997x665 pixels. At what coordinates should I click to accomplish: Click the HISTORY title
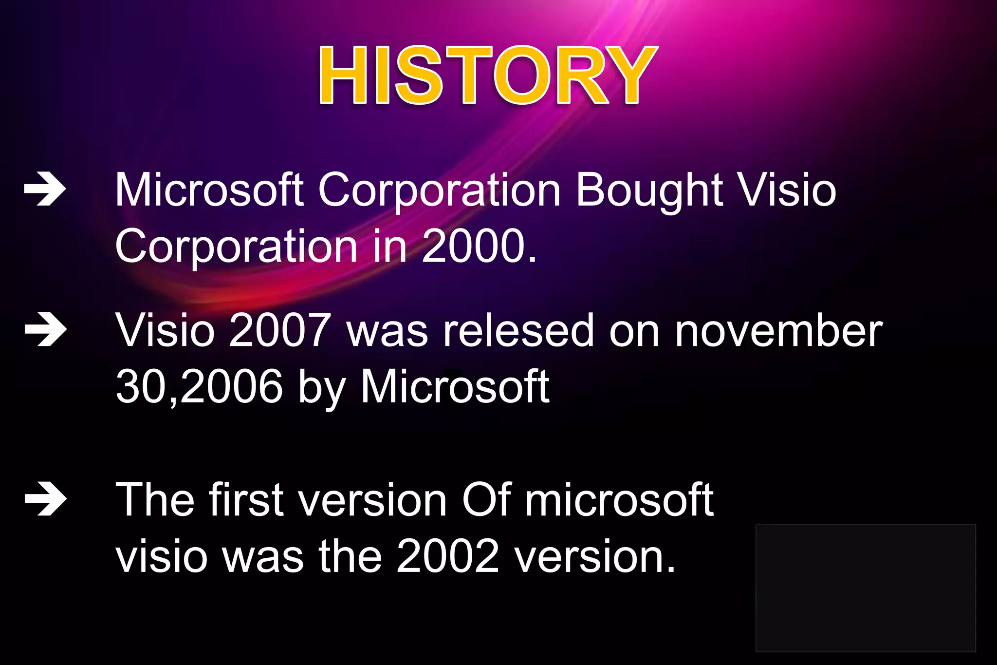pos(488,76)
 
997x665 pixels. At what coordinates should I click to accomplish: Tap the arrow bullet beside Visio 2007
pos(45,330)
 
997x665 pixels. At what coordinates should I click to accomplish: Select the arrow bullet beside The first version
pos(45,499)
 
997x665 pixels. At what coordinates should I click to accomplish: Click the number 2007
pos(280,331)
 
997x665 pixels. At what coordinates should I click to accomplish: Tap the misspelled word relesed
pos(518,331)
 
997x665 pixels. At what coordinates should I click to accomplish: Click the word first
pos(246,500)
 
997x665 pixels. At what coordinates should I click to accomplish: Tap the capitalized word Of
pos(486,500)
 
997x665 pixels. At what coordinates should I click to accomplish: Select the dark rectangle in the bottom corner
pos(865,588)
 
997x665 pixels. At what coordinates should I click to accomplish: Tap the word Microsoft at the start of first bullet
pos(209,191)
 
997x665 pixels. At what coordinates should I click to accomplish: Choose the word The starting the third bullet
pos(155,500)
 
